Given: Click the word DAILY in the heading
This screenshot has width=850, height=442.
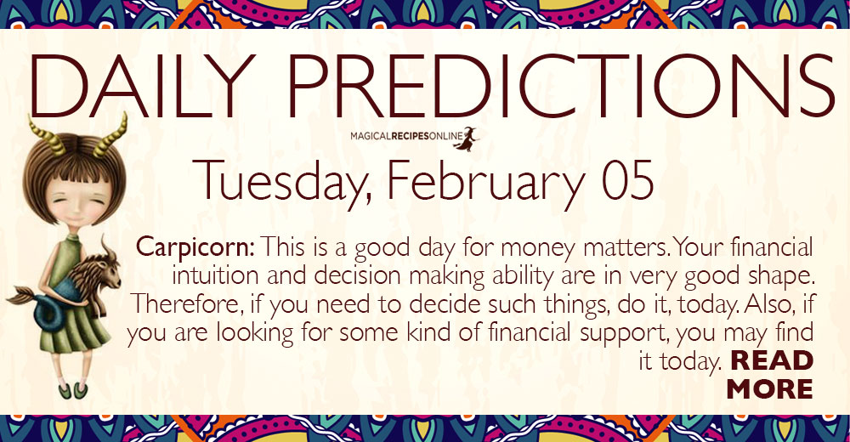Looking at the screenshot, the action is tap(143, 85).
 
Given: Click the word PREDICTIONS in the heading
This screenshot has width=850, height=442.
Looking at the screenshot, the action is tap(560, 85).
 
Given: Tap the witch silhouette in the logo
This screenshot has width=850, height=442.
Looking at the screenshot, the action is tap(466, 139).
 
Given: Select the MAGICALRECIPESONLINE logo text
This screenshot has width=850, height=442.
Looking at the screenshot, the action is tap(406, 136).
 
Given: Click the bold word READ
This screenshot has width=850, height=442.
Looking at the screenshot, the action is tap(772, 360).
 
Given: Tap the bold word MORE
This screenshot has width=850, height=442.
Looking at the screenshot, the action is tap(770, 388).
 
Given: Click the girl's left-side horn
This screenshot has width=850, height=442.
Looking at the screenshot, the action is tap(46, 136).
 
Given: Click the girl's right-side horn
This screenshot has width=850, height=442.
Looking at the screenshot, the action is tap(110, 136).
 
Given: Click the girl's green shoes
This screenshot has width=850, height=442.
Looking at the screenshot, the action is tap(73, 390).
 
